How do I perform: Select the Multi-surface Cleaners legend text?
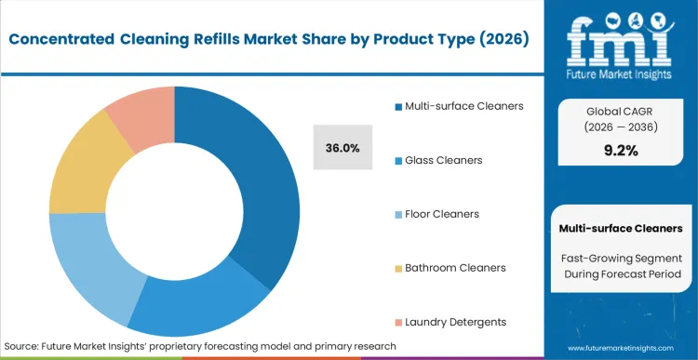click(463, 105)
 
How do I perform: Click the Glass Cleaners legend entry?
click(443, 160)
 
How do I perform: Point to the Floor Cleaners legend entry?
click(441, 213)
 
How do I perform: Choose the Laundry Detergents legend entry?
click(455, 321)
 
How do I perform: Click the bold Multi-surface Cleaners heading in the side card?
click(621, 228)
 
